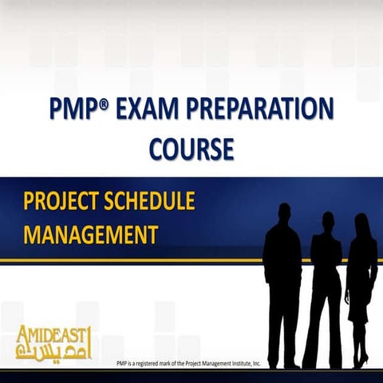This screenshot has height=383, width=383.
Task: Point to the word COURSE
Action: point(191,148)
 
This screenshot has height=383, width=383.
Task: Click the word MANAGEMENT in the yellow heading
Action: point(89,235)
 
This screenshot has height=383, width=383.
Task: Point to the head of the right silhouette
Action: point(361,223)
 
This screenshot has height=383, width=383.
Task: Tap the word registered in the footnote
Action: point(148,365)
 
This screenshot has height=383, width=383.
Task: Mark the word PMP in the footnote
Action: point(122,365)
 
